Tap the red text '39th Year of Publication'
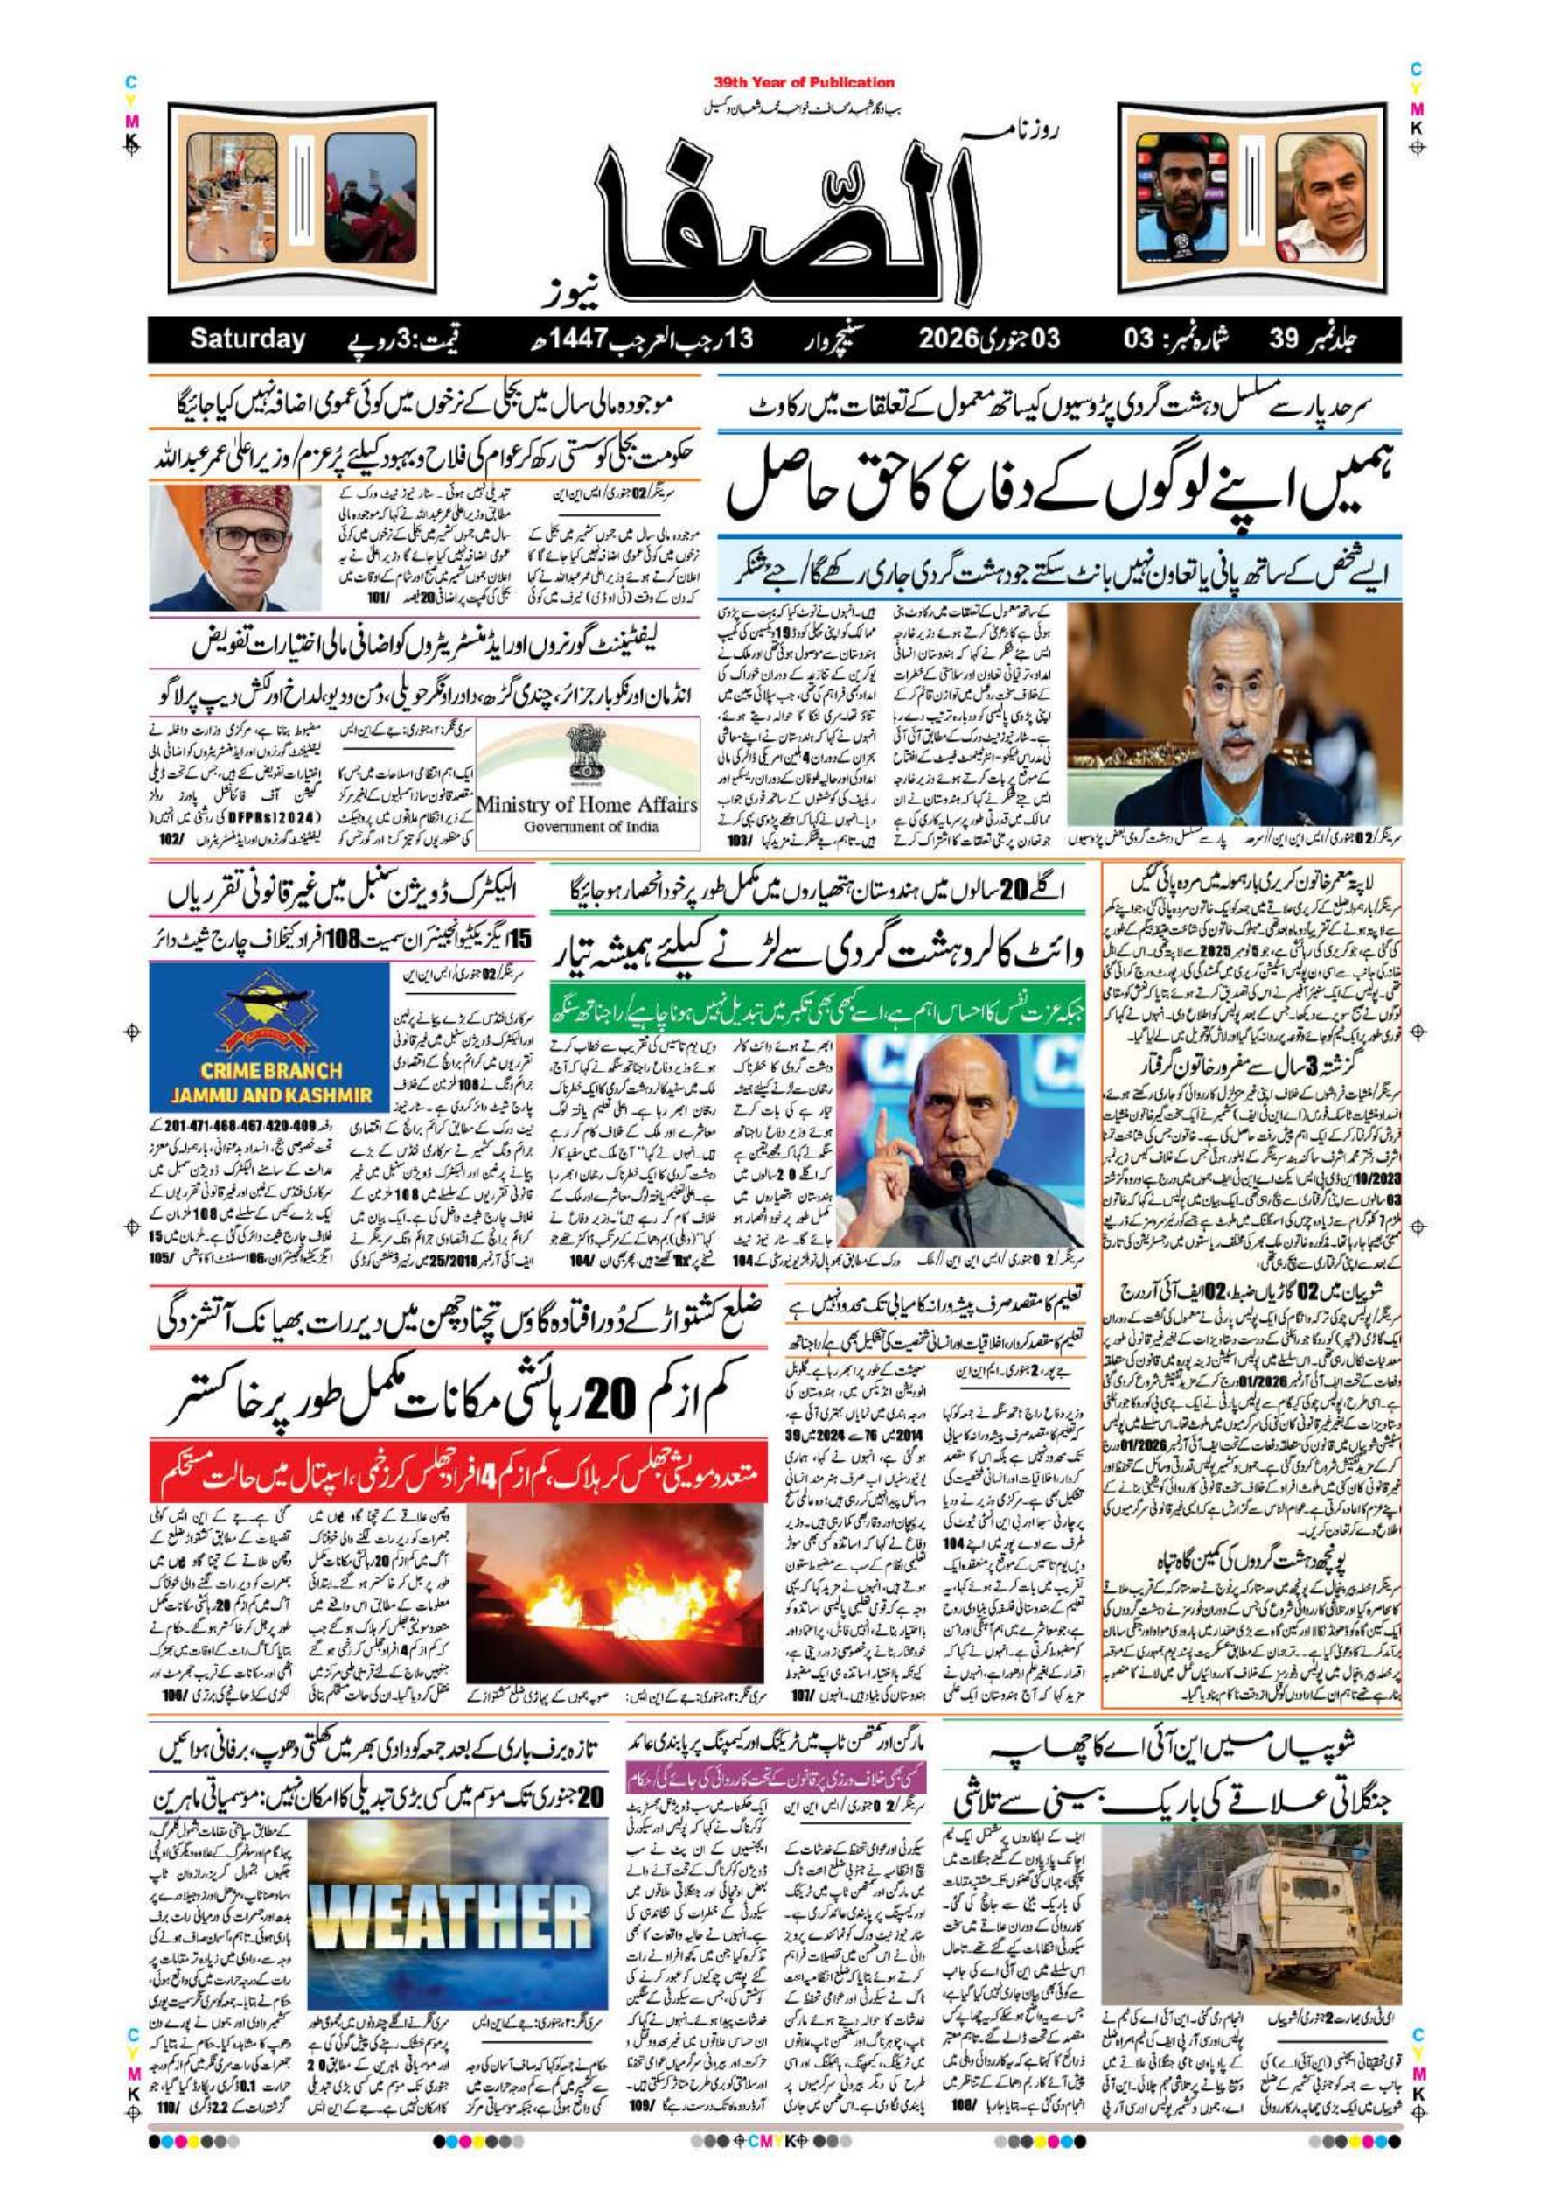click(x=804, y=83)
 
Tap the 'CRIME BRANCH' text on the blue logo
click(x=271, y=1070)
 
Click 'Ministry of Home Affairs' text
click(x=586, y=805)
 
